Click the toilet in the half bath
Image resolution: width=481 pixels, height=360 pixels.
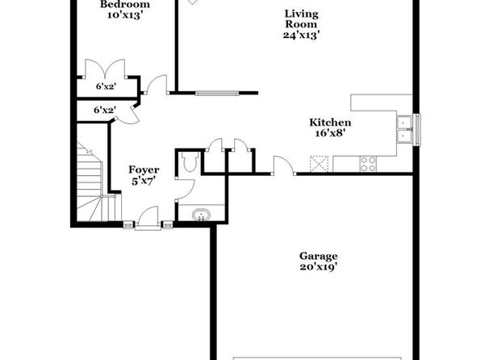[x=190, y=161]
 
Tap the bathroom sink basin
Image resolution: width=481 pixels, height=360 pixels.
[x=201, y=215]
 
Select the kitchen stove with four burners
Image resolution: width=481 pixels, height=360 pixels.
[x=368, y=164]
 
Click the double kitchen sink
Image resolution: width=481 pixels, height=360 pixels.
[x=404, y=129]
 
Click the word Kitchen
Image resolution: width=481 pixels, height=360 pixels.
[x=330, y=123]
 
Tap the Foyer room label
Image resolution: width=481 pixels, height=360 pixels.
[x=144, y=170]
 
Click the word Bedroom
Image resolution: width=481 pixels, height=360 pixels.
[x=125, y=4]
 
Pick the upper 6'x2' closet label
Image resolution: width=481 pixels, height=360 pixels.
[x=107, y=86]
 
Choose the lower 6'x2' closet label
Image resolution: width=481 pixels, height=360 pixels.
[x=105, y=110]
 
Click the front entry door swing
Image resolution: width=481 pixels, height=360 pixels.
[x=148, y=216]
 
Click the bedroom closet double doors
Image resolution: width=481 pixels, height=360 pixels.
[x=105, y=69]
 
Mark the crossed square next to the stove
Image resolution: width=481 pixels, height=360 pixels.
[x=319, y=164]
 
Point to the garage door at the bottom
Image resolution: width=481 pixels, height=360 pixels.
[x=317, y=358]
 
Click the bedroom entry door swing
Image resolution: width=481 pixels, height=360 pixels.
[x=157, y=84]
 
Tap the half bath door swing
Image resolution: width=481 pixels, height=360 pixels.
[x=186, y=189]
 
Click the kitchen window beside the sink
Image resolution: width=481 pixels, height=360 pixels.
[x=416, y=129]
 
